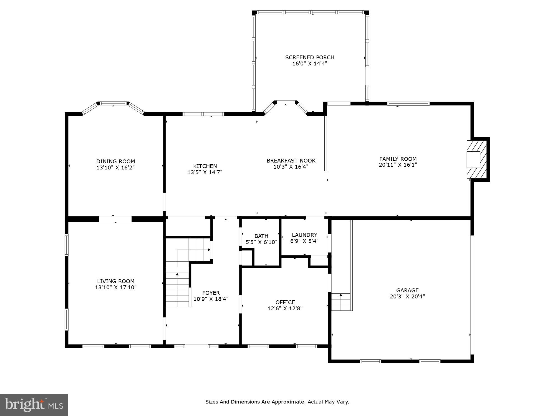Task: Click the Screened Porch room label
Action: pyautogui.click(x=310, y=57)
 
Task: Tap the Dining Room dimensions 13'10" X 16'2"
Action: pyautogui.click(x=115, y=168)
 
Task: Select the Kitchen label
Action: pyautogui.click(x=205, y=166)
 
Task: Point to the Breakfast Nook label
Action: pyautogui.click(x=291, y=161)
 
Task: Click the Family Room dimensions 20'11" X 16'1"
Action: pyautogui.click(x=398, y=165)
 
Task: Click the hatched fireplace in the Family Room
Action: pyautogui.click(x=476, y=159)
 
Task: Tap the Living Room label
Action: pyautogui.click(x=115, y=281)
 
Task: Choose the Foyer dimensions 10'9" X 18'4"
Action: pyautogui.click(x=211, y=299)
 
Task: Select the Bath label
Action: pyautogui.click(x=261, y=236)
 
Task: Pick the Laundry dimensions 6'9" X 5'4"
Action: pyautogui.click(x=304, y=241)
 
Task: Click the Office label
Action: pyautogui.click(x=285, y=302)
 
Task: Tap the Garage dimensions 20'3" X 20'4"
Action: pyautogui.click(x=407, y=296)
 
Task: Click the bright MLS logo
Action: pyautogui.click(x=34, y=405)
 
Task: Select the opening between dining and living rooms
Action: pyautogui.click(x=115, y=219)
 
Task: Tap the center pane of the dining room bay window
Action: pyautogui.click(x=113, y=103)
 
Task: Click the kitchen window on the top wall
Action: pyautogui.click(x=203, y=114)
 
